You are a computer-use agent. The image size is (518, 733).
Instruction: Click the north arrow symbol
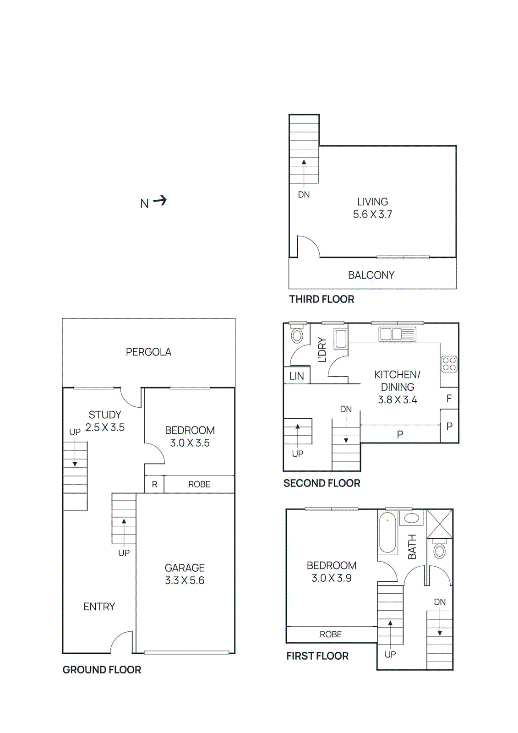[x=160, y=201]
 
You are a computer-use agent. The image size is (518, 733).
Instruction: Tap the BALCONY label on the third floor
[x=371, y=275]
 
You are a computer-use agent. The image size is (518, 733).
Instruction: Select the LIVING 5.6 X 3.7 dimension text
[x=372, y=214]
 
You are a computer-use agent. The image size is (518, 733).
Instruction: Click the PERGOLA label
[x=148, y=352]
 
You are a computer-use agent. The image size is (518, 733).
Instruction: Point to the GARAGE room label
[x=185, y=568]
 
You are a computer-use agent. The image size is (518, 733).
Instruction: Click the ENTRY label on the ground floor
[x=99, y=607]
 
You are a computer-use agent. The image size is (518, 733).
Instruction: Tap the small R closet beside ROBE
[x=154, y=484]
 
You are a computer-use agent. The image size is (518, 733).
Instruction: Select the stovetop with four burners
[x=449, y=364]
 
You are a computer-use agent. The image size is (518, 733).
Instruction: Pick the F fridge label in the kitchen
[x=449, y=399]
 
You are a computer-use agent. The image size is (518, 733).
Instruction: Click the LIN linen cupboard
[x=297, y=376]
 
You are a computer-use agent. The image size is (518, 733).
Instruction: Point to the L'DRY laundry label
[x=322, y=350]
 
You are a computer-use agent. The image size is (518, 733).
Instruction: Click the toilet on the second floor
[x=297, y=335]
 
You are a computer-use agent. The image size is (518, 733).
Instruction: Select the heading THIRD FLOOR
[x=322, y=299]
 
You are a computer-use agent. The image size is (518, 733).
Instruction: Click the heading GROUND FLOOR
[x=102, y=670]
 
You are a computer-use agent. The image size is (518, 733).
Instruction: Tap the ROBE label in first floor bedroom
[x=331, y=635]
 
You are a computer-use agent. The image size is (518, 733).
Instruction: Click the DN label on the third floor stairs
[x=304, y=195]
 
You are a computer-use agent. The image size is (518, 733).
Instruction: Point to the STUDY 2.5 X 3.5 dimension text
[x=105, y=427]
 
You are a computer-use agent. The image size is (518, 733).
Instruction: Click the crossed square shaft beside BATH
[x=440, y=524]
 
